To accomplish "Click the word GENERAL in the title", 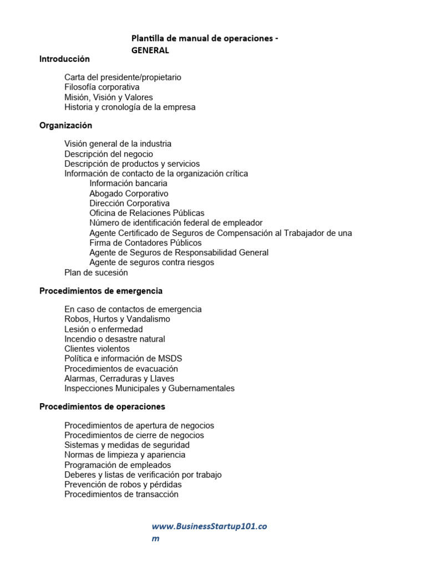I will tap(150, 50).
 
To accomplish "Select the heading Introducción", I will tap(64, 59).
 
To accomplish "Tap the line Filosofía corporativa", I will tap(102, 87).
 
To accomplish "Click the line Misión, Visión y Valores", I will tap(109, 97).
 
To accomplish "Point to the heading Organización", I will tap(65, 126).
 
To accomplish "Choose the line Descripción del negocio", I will tap(109, 154).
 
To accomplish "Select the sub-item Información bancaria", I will tap(128, 183).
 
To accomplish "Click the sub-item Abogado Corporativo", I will tap(129, 194).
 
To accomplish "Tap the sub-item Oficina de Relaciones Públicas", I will tap(147, 213).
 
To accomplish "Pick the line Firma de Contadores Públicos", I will tap(145, 243).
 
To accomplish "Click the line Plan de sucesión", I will tap(96, 272).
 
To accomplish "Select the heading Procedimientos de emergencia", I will tap(101, 291).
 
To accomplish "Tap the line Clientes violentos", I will tap(97, 349).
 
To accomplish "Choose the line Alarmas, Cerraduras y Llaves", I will tap(119, 379).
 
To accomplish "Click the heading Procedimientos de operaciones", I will tap(102, 406).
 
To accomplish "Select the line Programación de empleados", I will tap(118, 465).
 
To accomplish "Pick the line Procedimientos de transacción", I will tap(121, 494).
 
